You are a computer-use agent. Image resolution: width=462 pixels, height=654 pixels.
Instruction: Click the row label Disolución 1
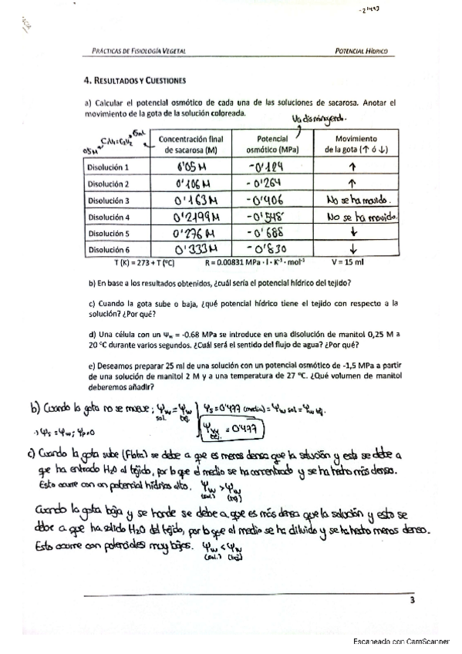coord(108,167)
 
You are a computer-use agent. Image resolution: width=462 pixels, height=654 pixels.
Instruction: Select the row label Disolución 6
coord(108,249)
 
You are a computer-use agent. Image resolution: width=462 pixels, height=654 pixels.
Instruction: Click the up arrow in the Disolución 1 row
coord(351,167)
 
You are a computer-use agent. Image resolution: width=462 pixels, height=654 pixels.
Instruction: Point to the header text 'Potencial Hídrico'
coord(361,51)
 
